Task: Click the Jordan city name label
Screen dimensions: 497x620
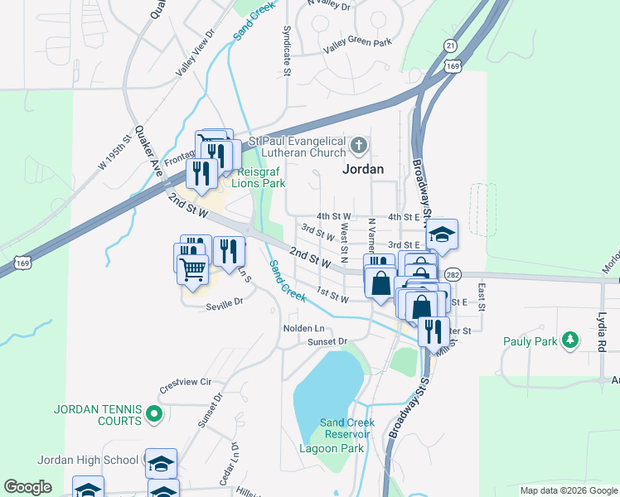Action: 363,168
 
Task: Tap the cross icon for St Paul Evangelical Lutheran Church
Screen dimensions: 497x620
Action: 358,147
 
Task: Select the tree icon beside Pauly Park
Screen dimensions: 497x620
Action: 569,340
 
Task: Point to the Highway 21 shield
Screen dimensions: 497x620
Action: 450,45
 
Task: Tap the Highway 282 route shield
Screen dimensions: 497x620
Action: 452,274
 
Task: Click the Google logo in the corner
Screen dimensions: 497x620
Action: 27,487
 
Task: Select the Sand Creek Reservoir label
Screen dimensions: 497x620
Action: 347,428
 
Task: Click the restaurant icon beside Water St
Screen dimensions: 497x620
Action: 433,330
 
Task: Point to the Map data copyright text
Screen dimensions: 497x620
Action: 569,490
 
